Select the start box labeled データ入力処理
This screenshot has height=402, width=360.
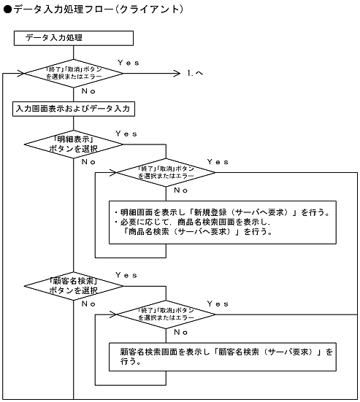(74, 39)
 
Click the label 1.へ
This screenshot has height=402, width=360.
(194, 74)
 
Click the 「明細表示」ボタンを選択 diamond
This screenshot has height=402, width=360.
(74, 142)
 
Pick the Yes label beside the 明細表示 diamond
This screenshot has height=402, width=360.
(126, 134)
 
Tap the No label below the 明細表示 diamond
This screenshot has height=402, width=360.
(88, 161)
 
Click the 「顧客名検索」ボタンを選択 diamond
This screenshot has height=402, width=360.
(74, 284)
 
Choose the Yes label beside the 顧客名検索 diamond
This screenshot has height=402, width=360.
(126, 275)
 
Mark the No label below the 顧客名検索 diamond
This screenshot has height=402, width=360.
(88, 303)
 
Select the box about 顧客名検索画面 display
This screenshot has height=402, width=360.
(223, 356)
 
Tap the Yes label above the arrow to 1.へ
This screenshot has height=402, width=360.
(129, 63)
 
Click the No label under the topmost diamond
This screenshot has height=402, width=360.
(88, 92)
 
